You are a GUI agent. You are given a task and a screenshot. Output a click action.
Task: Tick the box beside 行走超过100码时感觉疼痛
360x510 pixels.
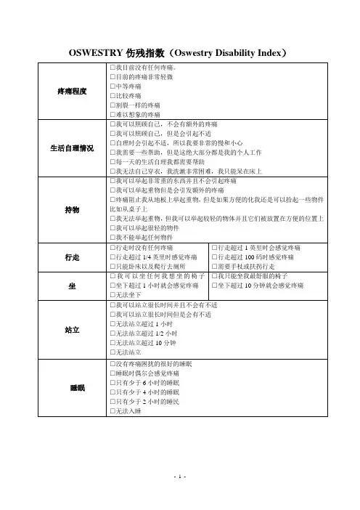(x=213, y=257)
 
